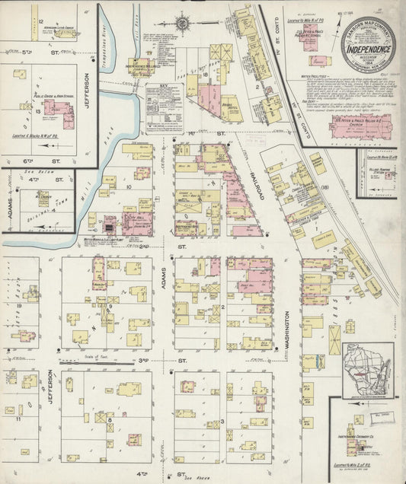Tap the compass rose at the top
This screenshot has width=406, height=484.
pyautogui.click(x=184, y=23)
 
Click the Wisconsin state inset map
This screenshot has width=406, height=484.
pyautogui.click(x=367, y=369)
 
